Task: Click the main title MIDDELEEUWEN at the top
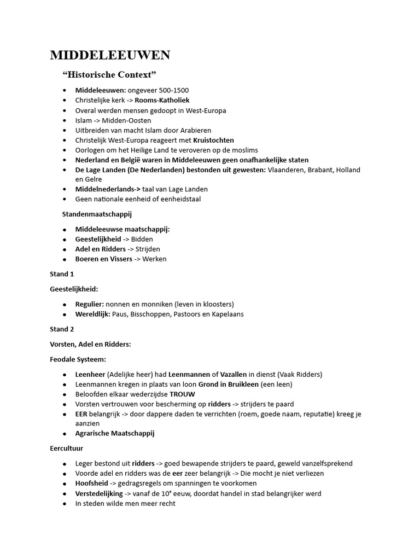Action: (110, 55)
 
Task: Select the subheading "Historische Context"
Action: (109, 74)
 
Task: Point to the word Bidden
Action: (142, 239)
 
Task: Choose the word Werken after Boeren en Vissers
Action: (154, 259)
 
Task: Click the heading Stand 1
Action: (62, 274)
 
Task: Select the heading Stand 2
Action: (62, 329)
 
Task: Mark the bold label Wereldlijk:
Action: (92, 314)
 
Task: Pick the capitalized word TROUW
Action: (182, 394)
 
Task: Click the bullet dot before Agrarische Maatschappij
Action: (65, 434)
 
